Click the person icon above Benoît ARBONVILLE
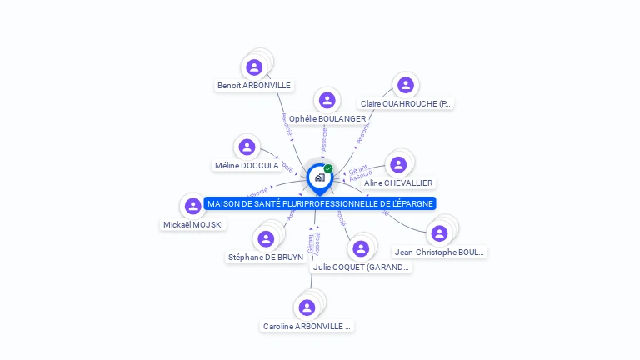coord(254,67)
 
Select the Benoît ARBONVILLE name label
coord(254,85)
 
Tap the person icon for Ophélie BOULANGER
coord(327,101)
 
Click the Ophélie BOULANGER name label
coord(327,119)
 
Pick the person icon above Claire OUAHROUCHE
coord(405,85)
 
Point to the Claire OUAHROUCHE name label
coord(406,104)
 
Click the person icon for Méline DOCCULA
coord(246,147)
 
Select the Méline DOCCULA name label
coord(247,166)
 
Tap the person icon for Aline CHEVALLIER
coord(398,165)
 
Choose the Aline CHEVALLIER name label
coord(399,182)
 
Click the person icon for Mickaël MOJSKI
coord(192,207)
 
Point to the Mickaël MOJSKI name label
coord(193,224)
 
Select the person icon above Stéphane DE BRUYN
coord(266,239)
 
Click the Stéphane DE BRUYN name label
coord(266,257)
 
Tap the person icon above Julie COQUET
coord(360,249)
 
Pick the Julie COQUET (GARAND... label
coord(362,267)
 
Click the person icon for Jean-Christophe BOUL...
coord(439,233)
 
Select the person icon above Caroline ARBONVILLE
coord(307,307)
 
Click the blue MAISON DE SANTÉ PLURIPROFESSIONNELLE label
coord(321,203)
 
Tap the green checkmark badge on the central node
coord(328,169)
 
